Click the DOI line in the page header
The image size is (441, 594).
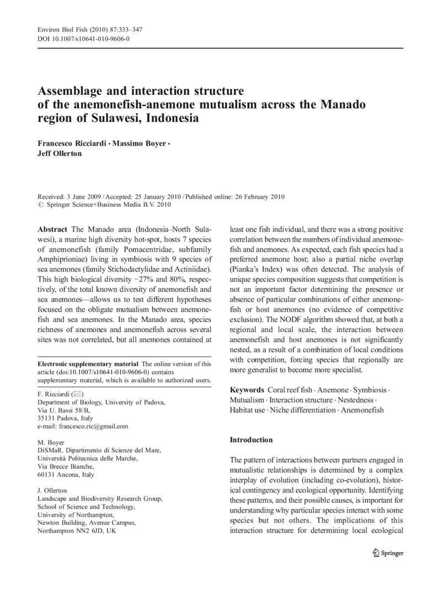pos(83,39)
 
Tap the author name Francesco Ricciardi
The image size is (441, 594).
pos(72,143)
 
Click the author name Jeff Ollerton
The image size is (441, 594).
pos(60,153)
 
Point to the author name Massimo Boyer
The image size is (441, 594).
pos(140,143)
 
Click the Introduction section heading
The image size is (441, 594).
pos(251,440)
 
